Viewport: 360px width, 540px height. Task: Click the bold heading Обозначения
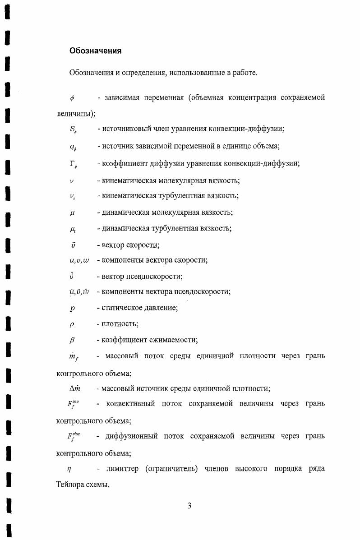tap(95, 51)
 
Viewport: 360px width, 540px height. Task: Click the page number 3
tap(189, 506)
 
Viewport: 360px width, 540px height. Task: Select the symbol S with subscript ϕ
tap(73, 130)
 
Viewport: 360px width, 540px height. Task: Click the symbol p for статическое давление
tap(72, 309)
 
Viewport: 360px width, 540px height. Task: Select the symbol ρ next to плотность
tap(72, 324)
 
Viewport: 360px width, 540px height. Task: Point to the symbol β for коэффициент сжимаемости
tap(72, 341)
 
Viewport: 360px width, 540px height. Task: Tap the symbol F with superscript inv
tap(73, 405)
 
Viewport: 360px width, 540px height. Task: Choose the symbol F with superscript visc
tap(74, 437)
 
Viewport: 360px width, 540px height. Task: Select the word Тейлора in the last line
tap(70, 486)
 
